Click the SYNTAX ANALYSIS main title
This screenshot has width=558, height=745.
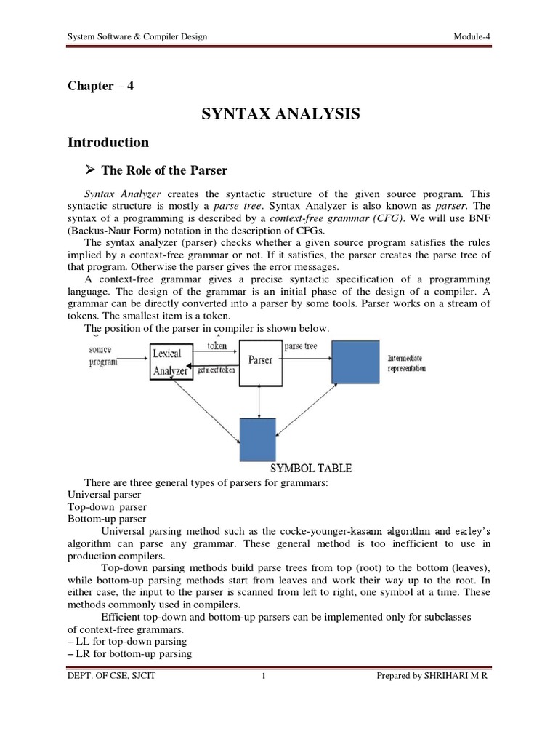tap(279, 114)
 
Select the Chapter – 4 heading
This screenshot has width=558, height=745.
tap(100, 86)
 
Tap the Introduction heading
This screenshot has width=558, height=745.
tap(108, 143)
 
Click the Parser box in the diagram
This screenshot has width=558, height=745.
tap(260, 361)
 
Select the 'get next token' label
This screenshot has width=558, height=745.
tap(216, 370)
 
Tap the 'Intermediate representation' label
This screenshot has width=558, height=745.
tap(407, 364)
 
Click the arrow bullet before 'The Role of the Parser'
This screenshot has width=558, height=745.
tap(91, 170)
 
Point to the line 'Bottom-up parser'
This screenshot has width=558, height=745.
tap(106, 519)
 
